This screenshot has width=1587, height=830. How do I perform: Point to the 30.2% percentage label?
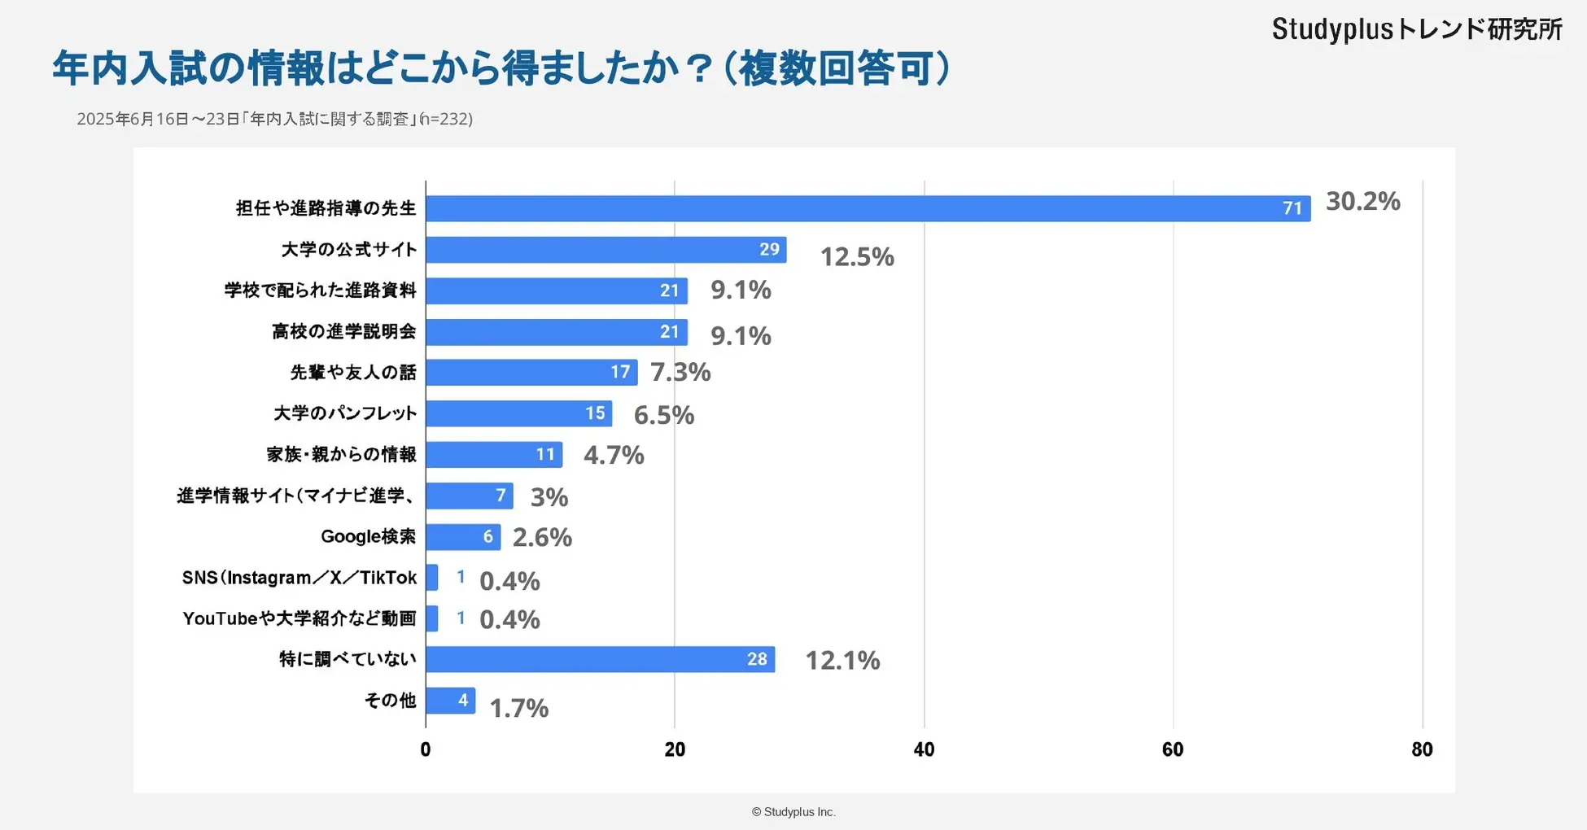click(1362, 201)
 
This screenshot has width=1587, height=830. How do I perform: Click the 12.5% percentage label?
click(856, 257)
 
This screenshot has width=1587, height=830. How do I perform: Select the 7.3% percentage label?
click(680, 372)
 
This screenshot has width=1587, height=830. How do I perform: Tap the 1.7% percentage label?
click(518, 708)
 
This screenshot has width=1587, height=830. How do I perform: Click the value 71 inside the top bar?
click(1292, 208)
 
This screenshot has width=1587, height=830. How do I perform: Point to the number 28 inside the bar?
click(757, 659)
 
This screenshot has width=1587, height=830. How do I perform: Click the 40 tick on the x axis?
click(924, 749)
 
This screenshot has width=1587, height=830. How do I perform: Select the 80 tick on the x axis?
click(1422, 749)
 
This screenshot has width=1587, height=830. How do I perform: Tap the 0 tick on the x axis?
click(426, 749)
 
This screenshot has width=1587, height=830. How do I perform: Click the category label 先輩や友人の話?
click(353, 373)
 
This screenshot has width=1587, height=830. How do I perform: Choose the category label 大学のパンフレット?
click(345, 413)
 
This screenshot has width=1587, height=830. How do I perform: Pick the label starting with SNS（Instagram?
click(299, 578)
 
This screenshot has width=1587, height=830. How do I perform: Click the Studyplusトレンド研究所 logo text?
click(1417, 29)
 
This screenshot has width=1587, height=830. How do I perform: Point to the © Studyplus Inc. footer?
click(793, 812)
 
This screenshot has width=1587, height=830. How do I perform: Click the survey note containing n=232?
click(274, 120)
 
